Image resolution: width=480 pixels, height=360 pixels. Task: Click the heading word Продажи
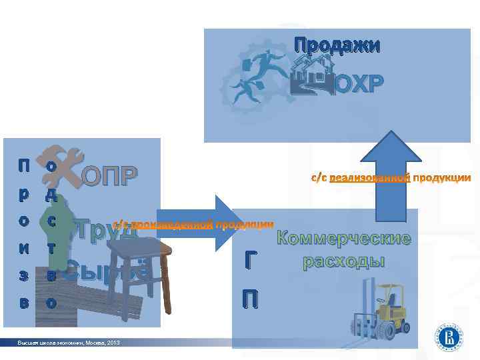(x=337, y=45)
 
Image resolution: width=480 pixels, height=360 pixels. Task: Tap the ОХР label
(x=359, y=84)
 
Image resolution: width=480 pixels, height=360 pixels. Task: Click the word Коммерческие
(x=344, y=239)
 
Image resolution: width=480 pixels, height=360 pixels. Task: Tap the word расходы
(x=344, y=260)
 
